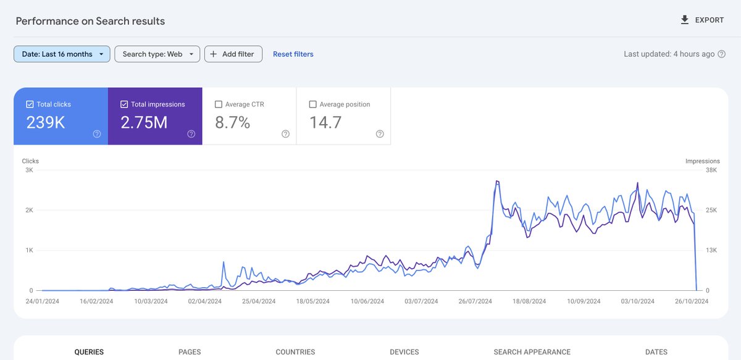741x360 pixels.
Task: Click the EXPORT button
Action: pyautogui.click(x=701, y=20)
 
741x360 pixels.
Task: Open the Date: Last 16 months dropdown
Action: pyautogui.click(x=62, y=54)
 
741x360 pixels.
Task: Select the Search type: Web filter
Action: pyautogui.click(x=157, y=54)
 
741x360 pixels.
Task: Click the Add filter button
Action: pyautogui.click(x=233, y=54)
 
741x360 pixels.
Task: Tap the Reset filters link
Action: pyautogui.click(x=293, y=54)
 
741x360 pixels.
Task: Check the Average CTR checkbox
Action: pyautogui.click(x=219, y=104)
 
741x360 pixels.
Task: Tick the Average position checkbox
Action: pyautogui.click(x=312, y=104)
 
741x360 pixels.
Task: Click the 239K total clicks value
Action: pyautogui.click(x=46, y=122)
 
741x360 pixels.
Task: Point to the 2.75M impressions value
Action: pyautogui.click(x=144, y=122)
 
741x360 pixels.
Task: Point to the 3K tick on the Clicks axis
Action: pyautogui.click(x=28, y=170)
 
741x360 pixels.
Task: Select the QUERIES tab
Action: pyautogui.click(x=89, y=352)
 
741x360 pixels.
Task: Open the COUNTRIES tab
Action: pyautogui.click(x=295, y=352)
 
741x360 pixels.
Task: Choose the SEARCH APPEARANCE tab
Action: pyautogui.click(x=532, y=352)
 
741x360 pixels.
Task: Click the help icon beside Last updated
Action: pyautogui.click(x=722, y=54)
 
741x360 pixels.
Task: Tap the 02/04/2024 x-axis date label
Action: pyautogui.click(x=205, y=301)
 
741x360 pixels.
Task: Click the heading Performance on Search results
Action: pyautogui.click(x=90, y=21)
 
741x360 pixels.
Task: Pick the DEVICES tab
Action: pyautogui.click(x=404, y=352)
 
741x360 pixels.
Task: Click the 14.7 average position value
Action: pyautogui.click(x=325, y=122)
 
